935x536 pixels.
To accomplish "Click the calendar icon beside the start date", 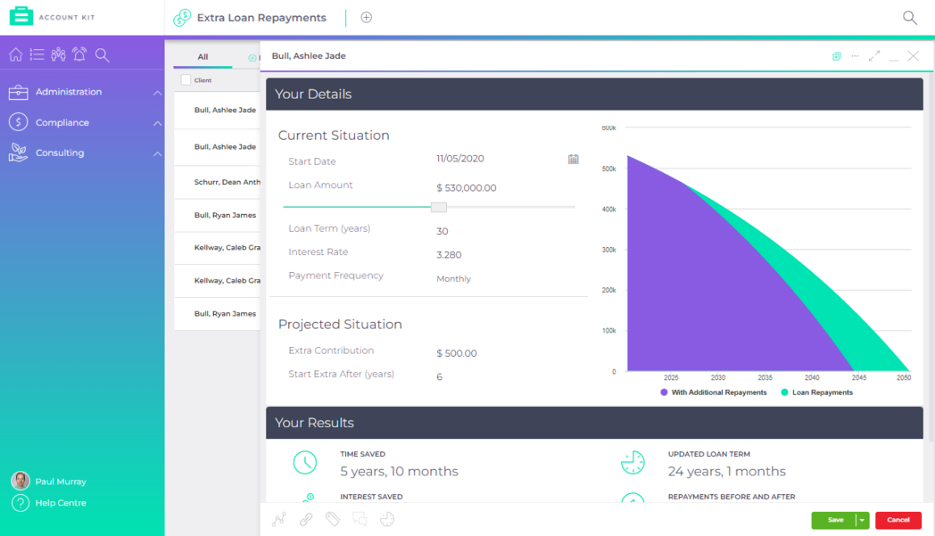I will click(573, 159).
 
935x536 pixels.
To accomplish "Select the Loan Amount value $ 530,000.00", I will click(466, 188).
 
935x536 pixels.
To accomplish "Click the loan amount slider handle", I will click(438, 207).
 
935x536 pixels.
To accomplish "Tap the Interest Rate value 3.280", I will click(449, 255).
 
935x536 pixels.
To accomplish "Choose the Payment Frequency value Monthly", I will click(453, 279).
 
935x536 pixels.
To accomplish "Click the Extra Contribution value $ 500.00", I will click(457, 354).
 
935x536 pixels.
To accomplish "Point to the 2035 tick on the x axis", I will click(765, 378).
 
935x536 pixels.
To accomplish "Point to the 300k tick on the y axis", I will click(608, 250).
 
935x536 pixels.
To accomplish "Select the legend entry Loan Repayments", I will click(821, 392).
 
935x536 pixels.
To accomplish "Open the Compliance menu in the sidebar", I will click(62, 123).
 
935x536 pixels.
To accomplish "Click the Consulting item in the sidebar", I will click(60, 153).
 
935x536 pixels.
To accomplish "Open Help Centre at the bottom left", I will click(61, 503).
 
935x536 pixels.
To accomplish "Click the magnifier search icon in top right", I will click(909, 18).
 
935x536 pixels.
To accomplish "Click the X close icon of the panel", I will click(913, 57).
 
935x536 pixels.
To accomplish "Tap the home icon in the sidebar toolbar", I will click(15, 55).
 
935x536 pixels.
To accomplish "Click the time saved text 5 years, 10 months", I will click(399, 471).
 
